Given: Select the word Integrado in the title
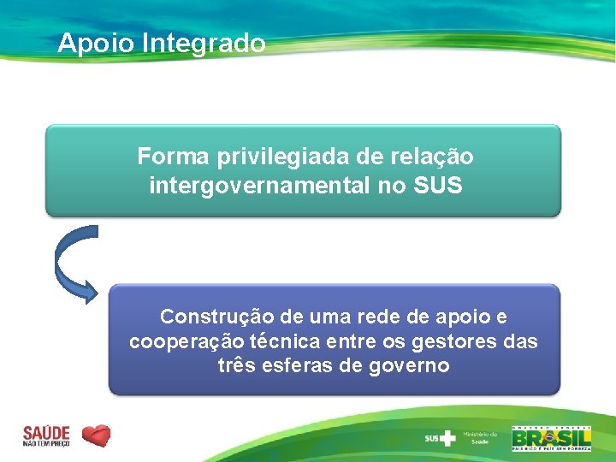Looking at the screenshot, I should pyautogui.click(x=204, y=43).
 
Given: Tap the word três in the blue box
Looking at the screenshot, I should pyautogui.click(x=237, y=366).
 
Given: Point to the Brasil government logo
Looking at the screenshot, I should pyautogui.click(x=551, y=436).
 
